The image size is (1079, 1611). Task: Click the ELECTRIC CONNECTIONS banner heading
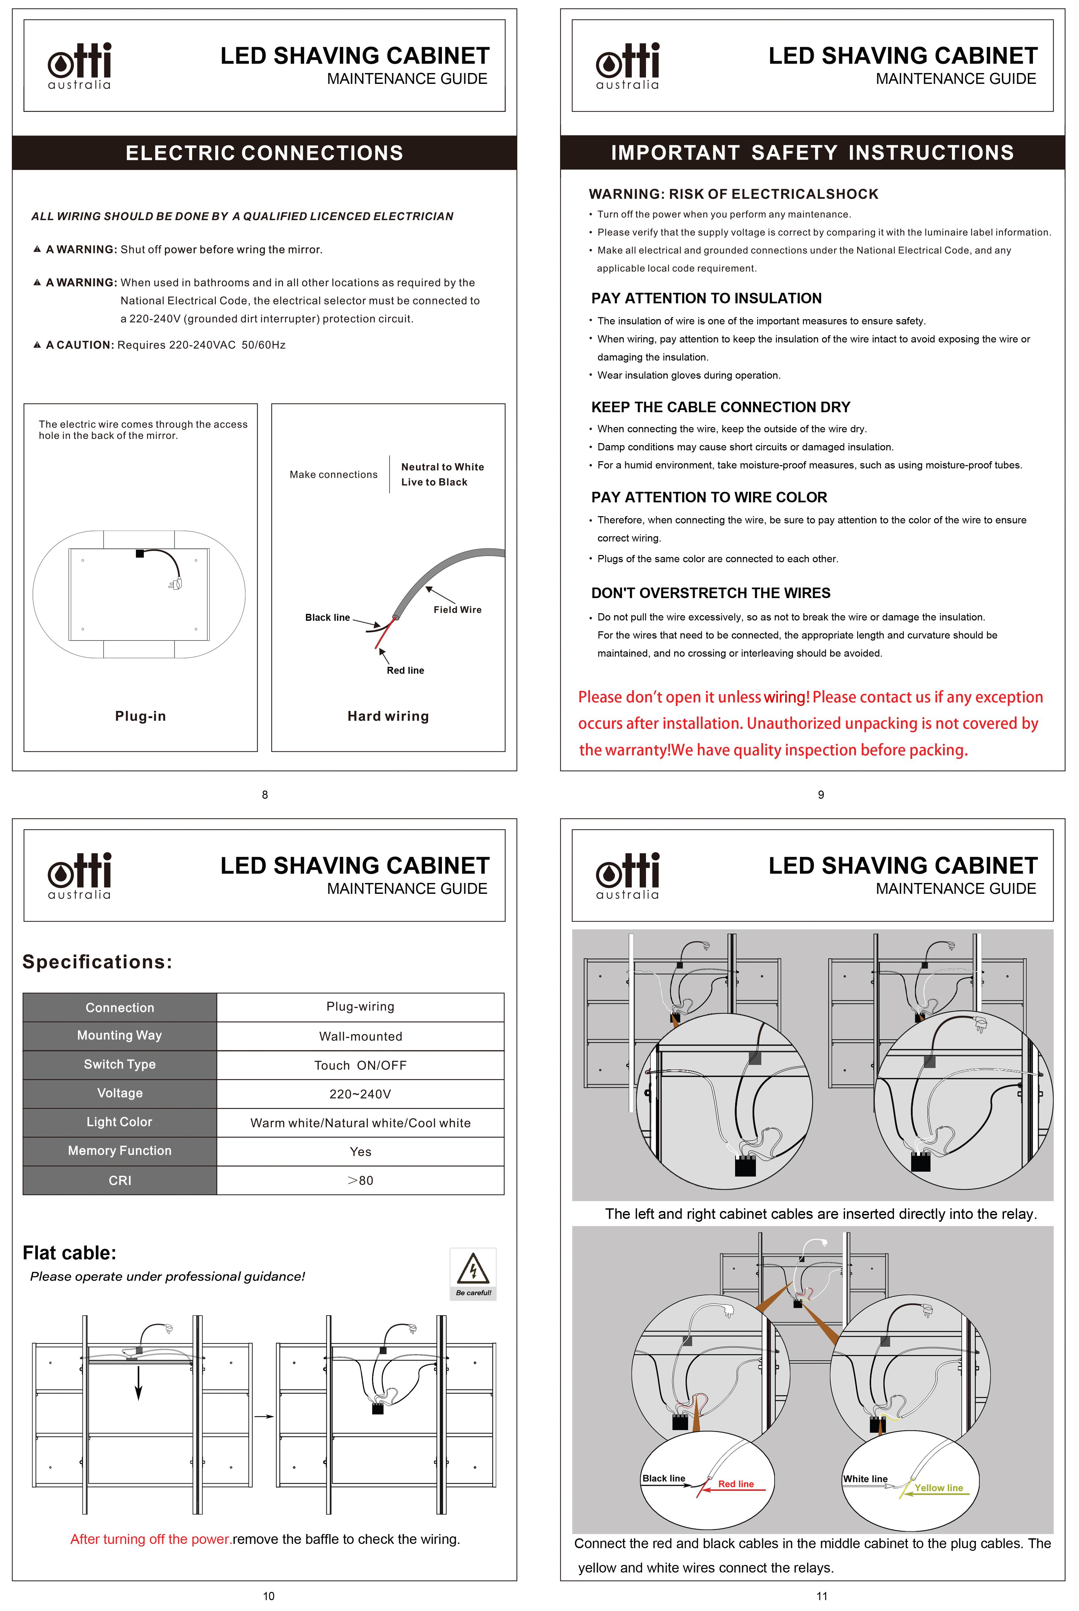(264, 153)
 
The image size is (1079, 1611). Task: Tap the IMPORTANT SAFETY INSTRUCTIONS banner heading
(812, 153)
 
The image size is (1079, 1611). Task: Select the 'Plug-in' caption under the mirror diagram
(141, 716)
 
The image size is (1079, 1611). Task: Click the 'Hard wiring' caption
(388, 716)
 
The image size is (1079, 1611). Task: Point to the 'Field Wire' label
(458, 610)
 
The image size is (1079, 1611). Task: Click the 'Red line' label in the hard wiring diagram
(405, 670)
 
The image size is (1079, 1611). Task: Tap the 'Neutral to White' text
(443, 466)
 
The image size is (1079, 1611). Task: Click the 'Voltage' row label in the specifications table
(120, 1093)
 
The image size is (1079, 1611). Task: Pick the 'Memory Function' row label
(120, 1151)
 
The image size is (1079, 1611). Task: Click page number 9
(820, 794)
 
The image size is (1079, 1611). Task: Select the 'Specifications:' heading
(97, 962)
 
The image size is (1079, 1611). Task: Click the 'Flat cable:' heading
(69, 1253)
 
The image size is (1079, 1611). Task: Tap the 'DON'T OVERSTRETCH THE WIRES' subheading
(711, 593)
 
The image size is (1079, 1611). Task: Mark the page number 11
(822, 1596)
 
